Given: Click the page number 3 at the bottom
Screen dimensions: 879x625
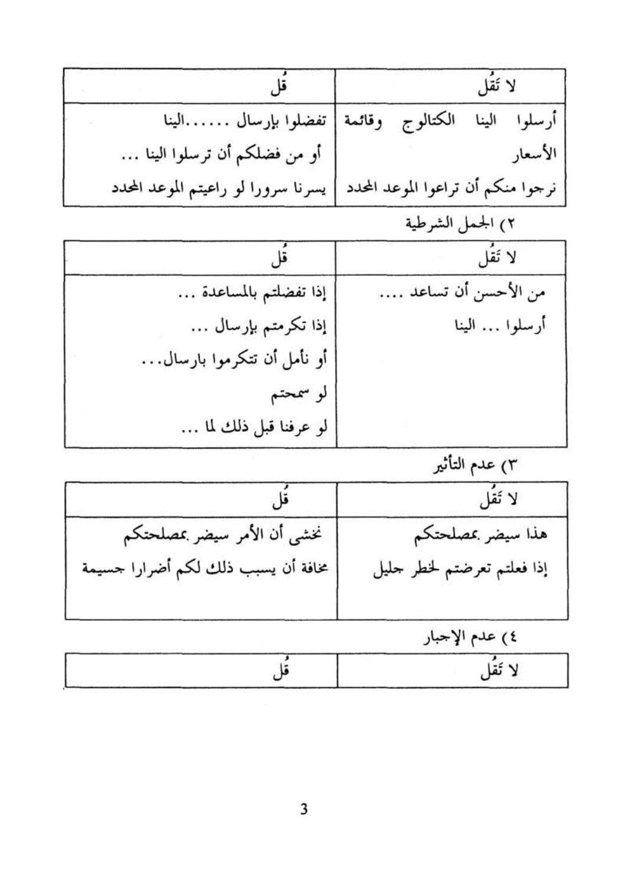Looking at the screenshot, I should [x=304, y=809].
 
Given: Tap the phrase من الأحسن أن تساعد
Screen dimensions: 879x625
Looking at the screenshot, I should [x=462, y=292].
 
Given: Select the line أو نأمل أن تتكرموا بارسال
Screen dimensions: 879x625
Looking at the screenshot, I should [x=235, y=360].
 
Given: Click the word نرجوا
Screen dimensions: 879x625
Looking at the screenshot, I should [x=540, y=190].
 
